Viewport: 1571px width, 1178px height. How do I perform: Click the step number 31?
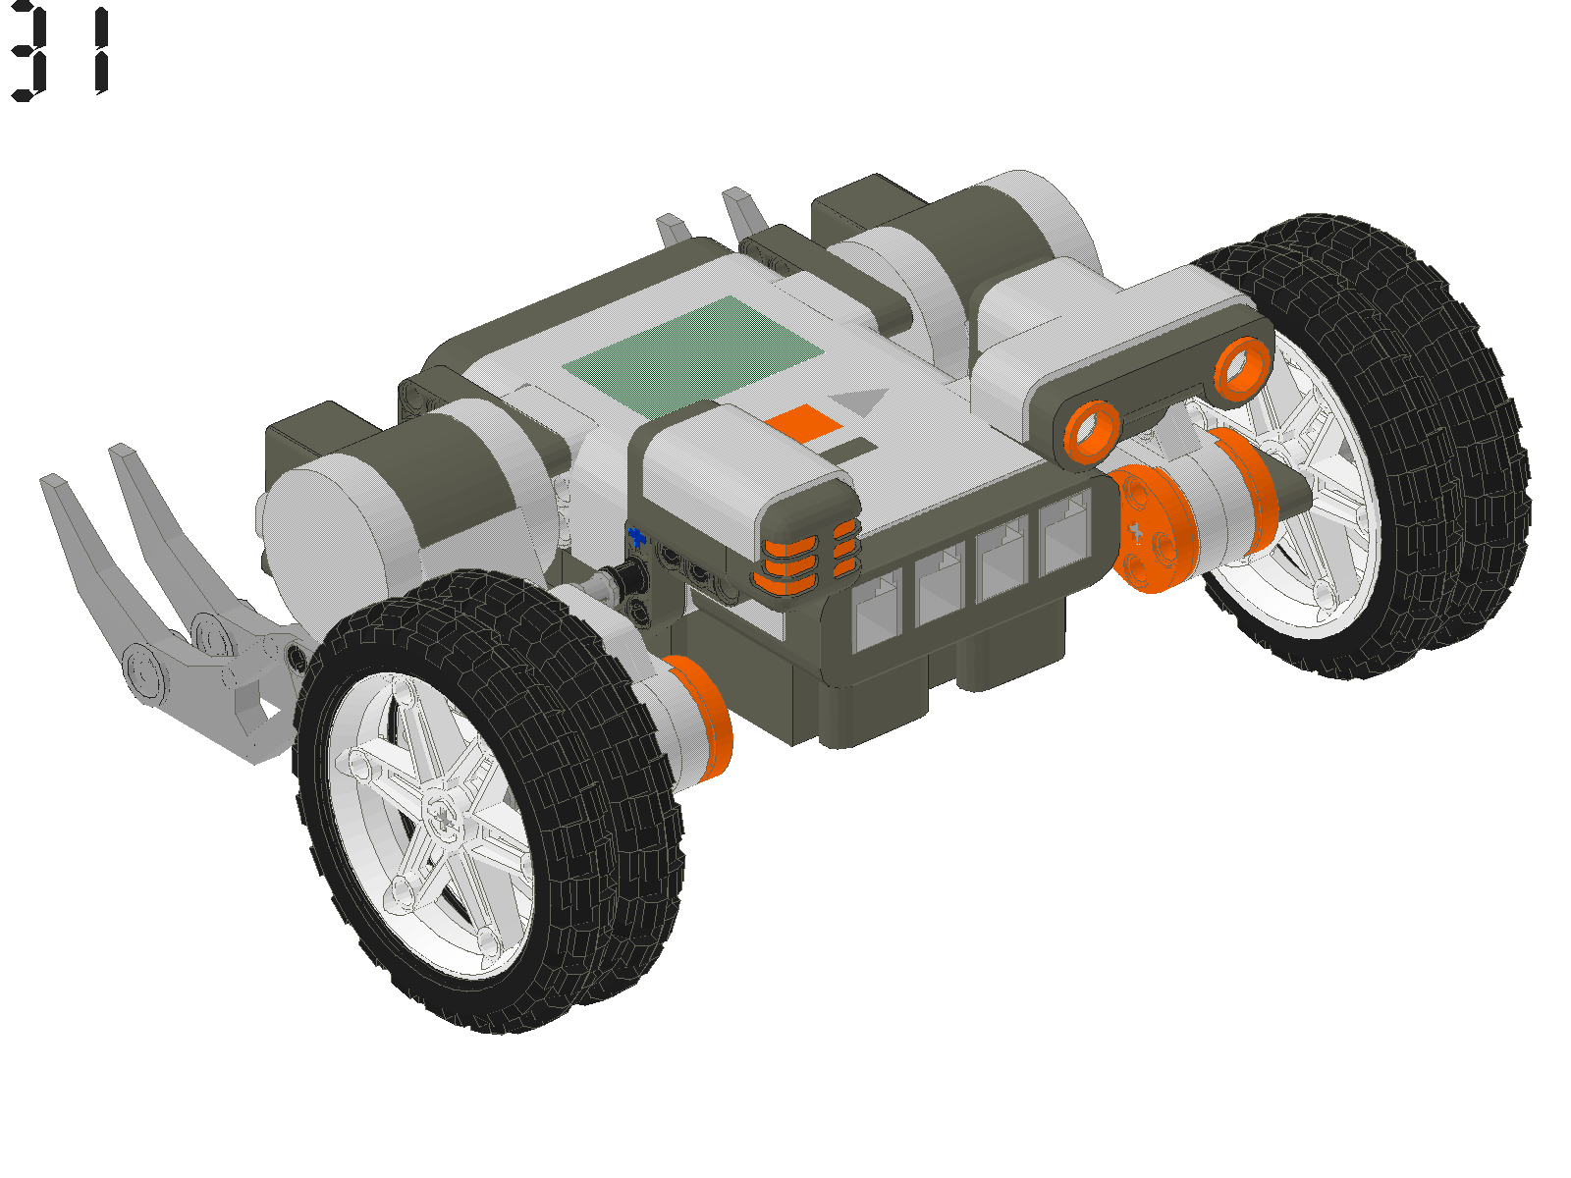click(x=61, y=51)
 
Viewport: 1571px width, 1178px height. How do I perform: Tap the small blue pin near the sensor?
click(x=637, y=536)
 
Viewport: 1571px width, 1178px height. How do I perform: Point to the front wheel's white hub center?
click(x=444, y=815)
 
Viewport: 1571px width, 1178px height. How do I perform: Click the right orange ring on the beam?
click(x=1243, y=366)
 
